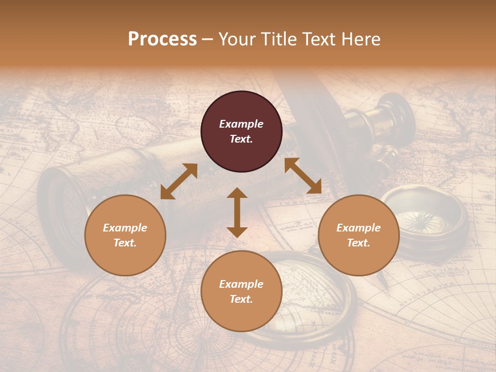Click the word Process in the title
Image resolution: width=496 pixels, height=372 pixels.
tap(162, 39)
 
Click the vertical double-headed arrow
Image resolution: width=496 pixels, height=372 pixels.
tap(237, 212)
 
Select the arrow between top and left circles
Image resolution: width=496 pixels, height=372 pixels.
tap(179, 181)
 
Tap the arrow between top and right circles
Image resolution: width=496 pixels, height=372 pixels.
tap(303, 176)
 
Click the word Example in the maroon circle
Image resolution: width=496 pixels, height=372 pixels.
tap(241, 124)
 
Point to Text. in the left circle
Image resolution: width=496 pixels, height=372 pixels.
tap(125, 243)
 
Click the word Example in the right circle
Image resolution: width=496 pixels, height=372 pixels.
tap(359, 228)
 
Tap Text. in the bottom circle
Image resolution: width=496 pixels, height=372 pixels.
tap(241, 299)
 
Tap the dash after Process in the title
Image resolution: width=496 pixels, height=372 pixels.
tap(207, 40)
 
